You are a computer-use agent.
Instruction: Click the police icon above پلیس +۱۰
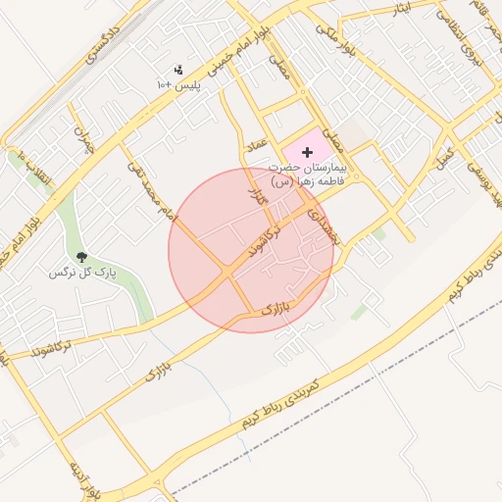click(177, 70)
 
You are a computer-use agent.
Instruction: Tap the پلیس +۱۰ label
click(178, 85)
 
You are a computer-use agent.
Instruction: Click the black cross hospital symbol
click(309, 152)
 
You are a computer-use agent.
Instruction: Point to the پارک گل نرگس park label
click(83, 274)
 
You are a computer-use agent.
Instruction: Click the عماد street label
click(256, 145)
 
